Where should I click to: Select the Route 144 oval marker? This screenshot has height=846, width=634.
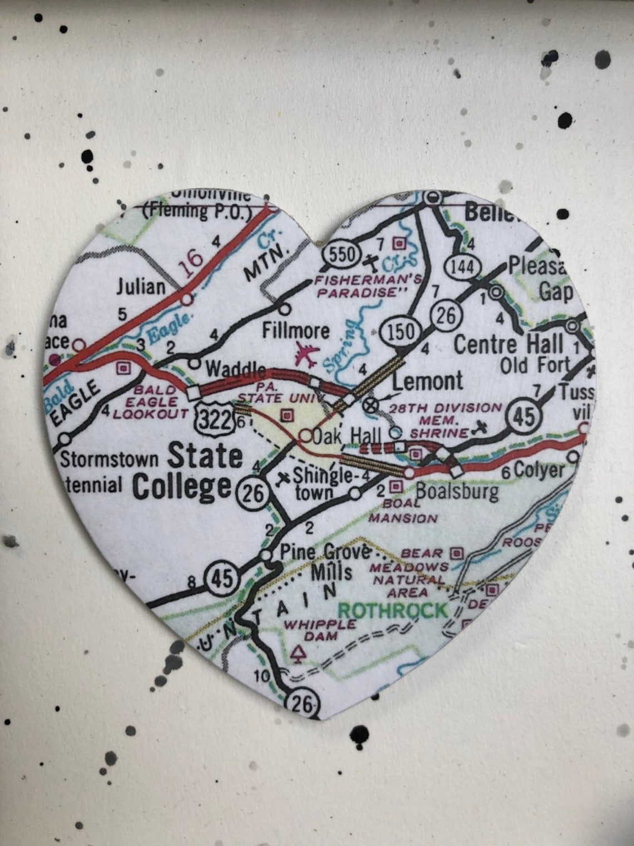click(462, 267)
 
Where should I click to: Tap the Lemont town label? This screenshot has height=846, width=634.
click(427, 381)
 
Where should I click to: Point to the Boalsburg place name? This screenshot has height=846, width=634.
click(457, 491)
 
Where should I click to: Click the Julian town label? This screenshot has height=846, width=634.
click(141, 286)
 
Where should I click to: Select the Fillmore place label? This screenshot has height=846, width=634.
click(296, 331)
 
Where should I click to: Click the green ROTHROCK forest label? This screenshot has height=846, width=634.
click(393, 610)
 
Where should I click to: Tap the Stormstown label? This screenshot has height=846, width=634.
click(110, 460)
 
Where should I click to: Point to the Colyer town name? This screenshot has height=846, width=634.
click(538, 471)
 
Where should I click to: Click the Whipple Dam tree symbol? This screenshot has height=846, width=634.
click(299, 654)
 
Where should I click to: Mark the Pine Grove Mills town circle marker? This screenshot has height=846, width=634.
click(267, 555)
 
